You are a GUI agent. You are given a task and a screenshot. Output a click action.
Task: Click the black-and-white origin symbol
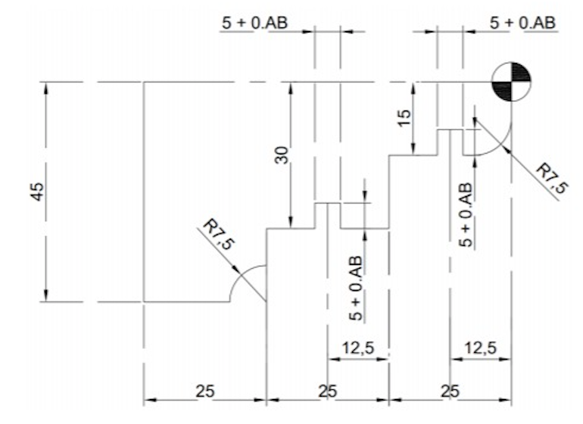(512, 82)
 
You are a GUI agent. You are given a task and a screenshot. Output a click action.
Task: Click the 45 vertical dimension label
(38, 192)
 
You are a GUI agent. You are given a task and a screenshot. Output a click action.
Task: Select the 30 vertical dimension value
(282, 155)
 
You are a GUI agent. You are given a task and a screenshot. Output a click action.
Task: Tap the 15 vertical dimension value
(404, 118)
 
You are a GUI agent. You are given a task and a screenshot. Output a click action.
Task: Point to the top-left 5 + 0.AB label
(255, 23)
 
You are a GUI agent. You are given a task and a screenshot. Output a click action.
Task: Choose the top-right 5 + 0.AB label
(522, 23)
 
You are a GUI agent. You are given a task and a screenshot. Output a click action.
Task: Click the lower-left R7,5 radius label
(220, 235)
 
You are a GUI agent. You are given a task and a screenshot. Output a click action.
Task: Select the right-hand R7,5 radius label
(552, 179)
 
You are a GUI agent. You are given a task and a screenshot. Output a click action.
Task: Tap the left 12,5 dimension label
(358, 348)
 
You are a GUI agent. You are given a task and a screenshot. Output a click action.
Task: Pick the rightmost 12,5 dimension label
(481, 348)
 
